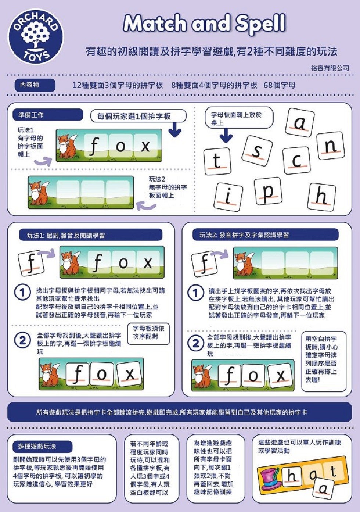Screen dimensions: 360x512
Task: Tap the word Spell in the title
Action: coord(261,24)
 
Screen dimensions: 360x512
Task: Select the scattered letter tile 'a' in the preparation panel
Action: coord(300,122)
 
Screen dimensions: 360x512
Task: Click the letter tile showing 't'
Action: coord(217,161)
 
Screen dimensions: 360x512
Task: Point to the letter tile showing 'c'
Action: coord(296,161)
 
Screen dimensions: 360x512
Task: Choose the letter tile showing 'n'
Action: coord(330,146)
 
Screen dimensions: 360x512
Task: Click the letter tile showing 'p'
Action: coord(268,191)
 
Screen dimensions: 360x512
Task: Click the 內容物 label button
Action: coord(35,85)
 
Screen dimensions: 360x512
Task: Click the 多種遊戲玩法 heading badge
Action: coord(43,446)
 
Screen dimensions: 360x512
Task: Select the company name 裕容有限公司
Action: coord(330,68)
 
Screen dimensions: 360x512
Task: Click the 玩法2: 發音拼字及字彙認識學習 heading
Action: coord(266,235)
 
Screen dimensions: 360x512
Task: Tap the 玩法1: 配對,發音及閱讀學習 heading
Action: coord(94,235)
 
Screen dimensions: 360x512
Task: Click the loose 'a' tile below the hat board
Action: coord(323,489)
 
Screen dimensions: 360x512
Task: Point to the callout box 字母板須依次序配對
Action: coord(148,334)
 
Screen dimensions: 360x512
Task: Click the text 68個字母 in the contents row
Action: coord(279,85)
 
